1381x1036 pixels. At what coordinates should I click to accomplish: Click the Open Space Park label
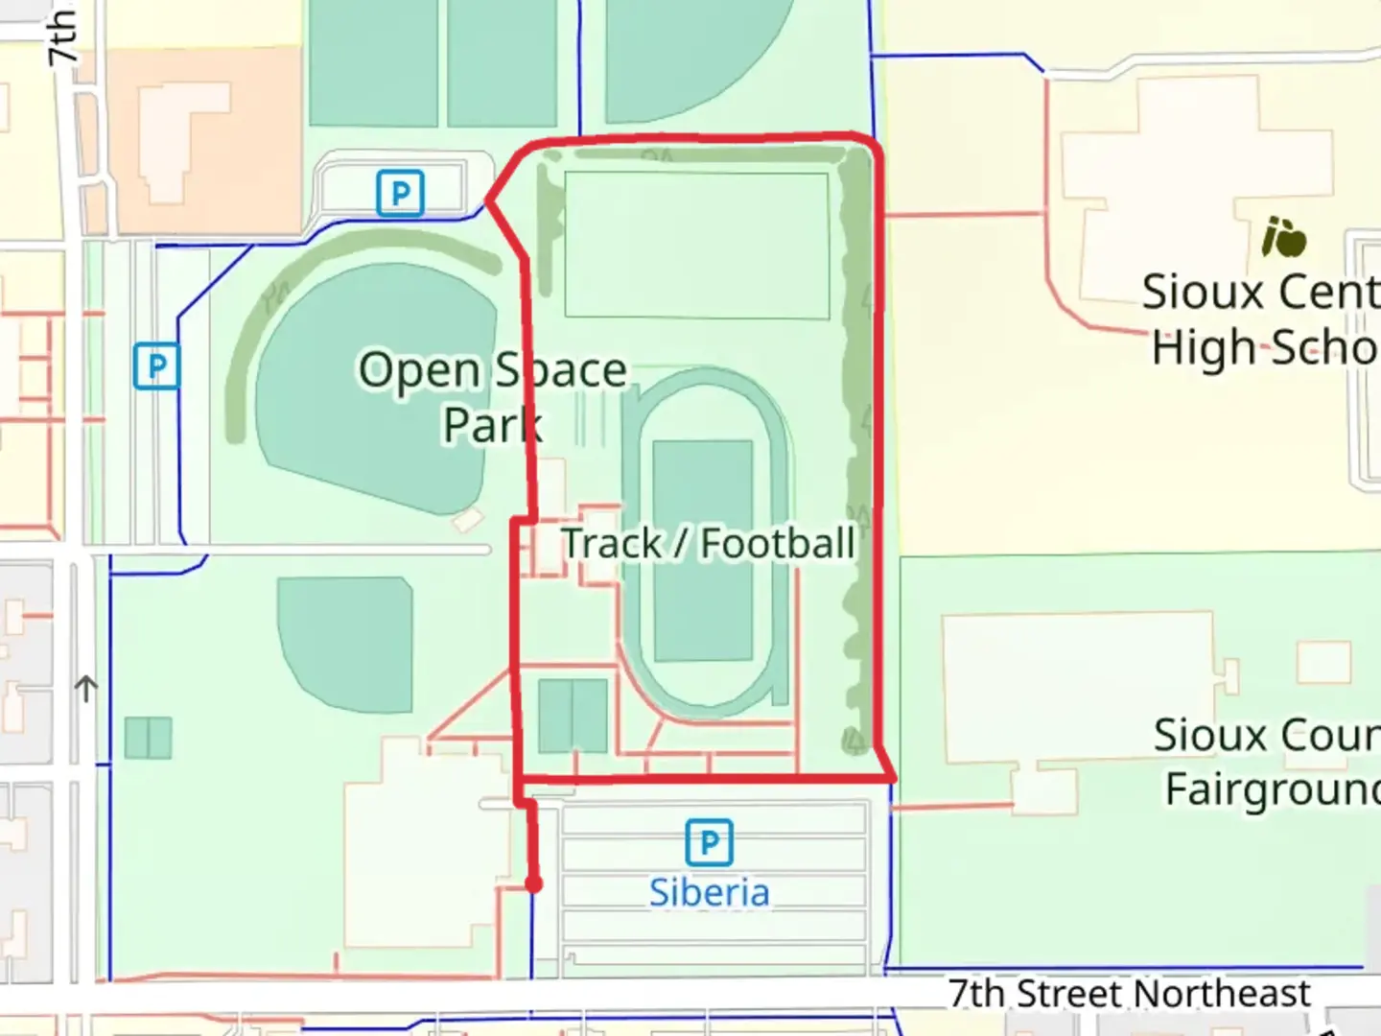point(492,396)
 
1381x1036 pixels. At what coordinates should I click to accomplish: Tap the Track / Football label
point(707,543)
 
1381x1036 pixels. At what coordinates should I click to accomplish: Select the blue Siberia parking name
point(709,892)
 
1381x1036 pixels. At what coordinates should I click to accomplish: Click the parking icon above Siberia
point(709,842)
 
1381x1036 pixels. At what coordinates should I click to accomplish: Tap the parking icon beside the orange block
point(400,194)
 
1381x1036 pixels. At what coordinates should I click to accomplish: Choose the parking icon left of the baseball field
point(156,365)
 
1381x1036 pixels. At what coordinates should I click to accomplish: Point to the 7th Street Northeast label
point(1129,993)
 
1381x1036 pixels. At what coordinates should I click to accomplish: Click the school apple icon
point(1284,237)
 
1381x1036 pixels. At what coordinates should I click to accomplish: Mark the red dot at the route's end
point(533,884)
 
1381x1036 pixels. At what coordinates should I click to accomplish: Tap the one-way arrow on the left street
point(86,688)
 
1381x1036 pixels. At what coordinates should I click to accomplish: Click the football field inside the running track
point(702,551)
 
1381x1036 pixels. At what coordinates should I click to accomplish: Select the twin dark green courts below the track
point(573,716)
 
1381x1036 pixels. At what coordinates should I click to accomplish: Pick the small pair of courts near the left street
point(148,738)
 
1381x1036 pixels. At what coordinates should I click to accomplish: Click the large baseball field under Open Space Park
point(374,403)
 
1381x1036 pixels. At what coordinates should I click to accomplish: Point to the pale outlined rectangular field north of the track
point(696,245)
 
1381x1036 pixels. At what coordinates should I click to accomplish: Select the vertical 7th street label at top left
point(62,36)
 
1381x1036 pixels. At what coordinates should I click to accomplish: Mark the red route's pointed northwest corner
point(489,200)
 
